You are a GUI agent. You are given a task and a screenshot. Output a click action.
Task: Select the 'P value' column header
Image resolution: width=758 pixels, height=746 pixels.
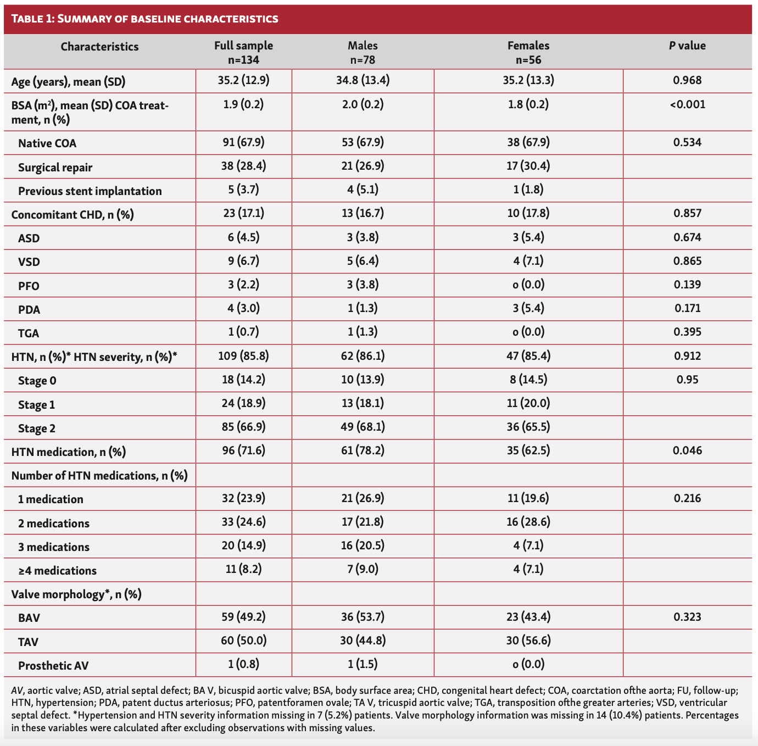coord(687,46)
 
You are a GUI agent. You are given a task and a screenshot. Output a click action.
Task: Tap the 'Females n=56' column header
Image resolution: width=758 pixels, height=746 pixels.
coord(528,53)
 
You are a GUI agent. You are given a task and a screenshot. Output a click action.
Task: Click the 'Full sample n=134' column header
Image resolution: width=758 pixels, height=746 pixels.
coord(243,53)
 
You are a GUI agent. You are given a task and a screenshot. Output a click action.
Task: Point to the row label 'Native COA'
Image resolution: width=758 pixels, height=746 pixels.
coord(47,143)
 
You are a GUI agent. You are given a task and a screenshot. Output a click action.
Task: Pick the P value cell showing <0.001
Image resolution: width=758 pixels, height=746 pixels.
coord(687,104)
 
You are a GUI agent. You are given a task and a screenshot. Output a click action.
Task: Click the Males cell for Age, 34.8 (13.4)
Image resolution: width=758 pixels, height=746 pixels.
coord(363,81)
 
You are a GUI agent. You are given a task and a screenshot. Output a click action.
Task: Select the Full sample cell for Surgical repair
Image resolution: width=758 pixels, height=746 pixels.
coord(243,166)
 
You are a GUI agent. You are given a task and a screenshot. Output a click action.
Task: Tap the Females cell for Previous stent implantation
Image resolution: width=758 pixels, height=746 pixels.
coord(528,190)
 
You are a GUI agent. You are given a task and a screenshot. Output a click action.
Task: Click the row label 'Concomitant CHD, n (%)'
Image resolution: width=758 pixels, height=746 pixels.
coord(73,215)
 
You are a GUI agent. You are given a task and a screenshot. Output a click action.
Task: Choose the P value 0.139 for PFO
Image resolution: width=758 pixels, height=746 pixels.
coord(687,285)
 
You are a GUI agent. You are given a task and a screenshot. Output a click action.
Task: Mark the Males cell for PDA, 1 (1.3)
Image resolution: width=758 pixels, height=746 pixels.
coord(363,308)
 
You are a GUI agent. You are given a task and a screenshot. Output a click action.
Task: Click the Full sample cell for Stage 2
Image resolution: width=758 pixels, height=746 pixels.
coord(243,427)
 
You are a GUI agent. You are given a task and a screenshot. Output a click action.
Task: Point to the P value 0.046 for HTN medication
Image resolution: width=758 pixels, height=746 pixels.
coord(687,451)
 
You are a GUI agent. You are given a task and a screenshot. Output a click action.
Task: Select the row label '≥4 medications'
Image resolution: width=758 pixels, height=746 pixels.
coord(58,571)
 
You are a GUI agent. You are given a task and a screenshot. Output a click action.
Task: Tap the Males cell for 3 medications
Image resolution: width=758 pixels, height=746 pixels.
coord(363,546)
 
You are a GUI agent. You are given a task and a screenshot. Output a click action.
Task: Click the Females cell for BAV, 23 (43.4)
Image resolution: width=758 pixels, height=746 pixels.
coord(528,617)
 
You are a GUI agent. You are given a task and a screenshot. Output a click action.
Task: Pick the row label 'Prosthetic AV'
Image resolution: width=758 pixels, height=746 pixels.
coord(53,666)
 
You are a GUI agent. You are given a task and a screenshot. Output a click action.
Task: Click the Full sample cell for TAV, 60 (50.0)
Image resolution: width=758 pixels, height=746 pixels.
coord(243,641)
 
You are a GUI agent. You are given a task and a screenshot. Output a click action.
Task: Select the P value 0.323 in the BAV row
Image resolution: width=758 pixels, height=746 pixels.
coord(687,617)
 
